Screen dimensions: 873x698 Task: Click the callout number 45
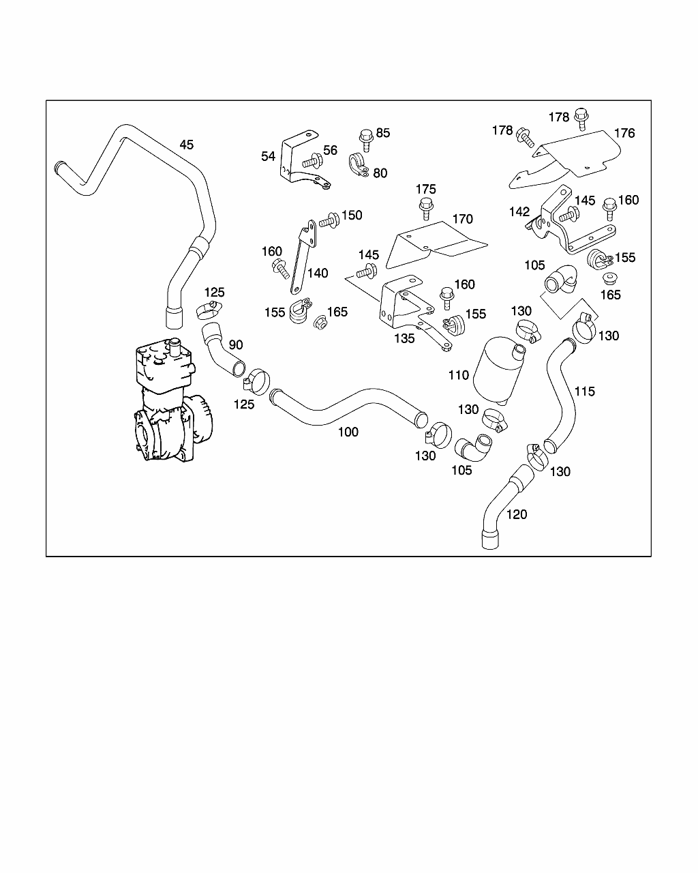[186, 145]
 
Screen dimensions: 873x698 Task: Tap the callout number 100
[348, 432]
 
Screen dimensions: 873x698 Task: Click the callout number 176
[624, 133]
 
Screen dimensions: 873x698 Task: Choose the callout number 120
[517, 514]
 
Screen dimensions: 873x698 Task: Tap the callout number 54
[268, 156]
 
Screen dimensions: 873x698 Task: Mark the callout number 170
[462, 219]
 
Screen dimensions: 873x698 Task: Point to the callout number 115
[584, 391]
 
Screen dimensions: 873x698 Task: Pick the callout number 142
[519, 211]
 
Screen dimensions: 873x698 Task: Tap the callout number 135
[404, 338]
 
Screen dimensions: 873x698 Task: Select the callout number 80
[380, 173]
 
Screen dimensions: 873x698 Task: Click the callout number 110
[459, 375]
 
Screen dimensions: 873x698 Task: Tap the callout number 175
[425, 189]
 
